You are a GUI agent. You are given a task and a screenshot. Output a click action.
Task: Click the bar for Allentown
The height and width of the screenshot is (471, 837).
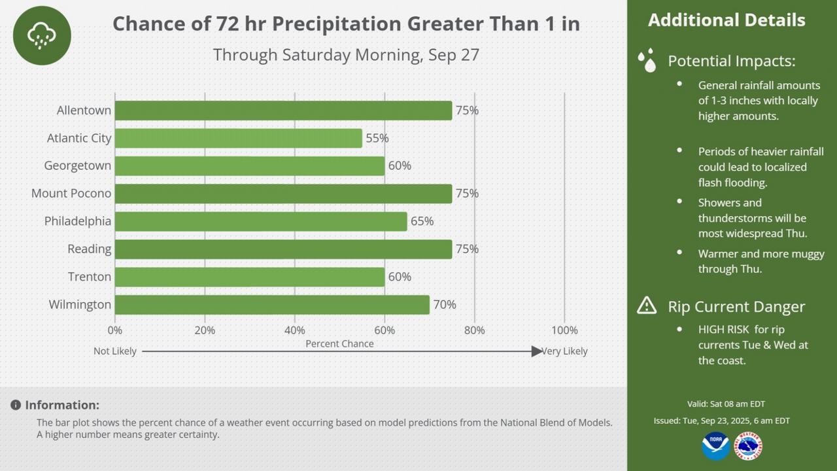[283, 111]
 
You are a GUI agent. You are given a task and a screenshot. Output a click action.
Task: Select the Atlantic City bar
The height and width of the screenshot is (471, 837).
[239, 138]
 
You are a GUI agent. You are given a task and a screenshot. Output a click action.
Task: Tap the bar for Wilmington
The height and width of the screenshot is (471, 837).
[272, 305]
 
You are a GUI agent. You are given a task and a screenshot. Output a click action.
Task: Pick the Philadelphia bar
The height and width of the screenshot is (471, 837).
[261, 221]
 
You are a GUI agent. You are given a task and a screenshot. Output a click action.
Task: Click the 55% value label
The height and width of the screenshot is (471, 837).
[377, 138]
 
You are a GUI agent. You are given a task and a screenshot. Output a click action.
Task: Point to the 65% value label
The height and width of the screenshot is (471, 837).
[422, 221]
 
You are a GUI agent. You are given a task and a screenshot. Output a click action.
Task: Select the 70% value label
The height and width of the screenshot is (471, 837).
[445, 305]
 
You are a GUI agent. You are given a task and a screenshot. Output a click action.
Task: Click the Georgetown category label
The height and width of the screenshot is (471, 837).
[78, 166]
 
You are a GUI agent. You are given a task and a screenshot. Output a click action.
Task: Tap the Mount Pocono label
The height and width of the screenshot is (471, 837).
[71, 193]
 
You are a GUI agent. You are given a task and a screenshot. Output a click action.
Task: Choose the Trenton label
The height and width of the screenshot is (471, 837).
[90, 277]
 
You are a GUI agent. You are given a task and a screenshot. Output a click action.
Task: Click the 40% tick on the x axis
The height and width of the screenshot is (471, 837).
[295, 330]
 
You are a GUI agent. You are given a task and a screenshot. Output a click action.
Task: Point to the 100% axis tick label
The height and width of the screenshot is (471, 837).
[564, 330]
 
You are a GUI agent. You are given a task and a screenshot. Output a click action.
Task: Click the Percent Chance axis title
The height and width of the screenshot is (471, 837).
[339, 344]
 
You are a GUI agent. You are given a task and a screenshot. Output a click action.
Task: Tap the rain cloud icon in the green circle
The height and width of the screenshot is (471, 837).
[42, 36]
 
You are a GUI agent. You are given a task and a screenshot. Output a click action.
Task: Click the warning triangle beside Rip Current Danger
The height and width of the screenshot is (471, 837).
[647, 305]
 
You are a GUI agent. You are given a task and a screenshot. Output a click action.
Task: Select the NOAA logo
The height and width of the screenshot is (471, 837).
[715, 446]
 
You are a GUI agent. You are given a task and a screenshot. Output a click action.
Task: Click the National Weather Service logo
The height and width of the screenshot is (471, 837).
[748, 446]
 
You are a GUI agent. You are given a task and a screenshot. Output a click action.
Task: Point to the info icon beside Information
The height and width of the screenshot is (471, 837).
[16, 405]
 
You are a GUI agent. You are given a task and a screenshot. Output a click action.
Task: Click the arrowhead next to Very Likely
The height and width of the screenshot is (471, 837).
[537, 351]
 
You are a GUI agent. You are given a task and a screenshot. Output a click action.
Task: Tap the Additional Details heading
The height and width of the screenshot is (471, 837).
[726, 20]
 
